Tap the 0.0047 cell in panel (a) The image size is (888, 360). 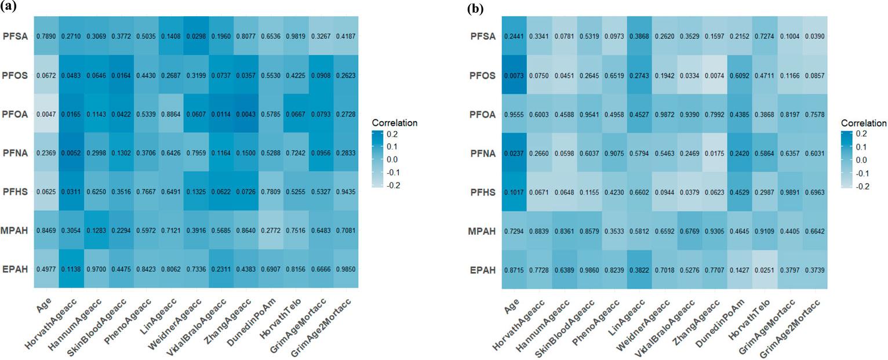click(47, 114)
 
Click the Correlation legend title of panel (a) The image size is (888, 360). click(396, 123)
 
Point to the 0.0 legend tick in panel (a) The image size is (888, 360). click(393, 159)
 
